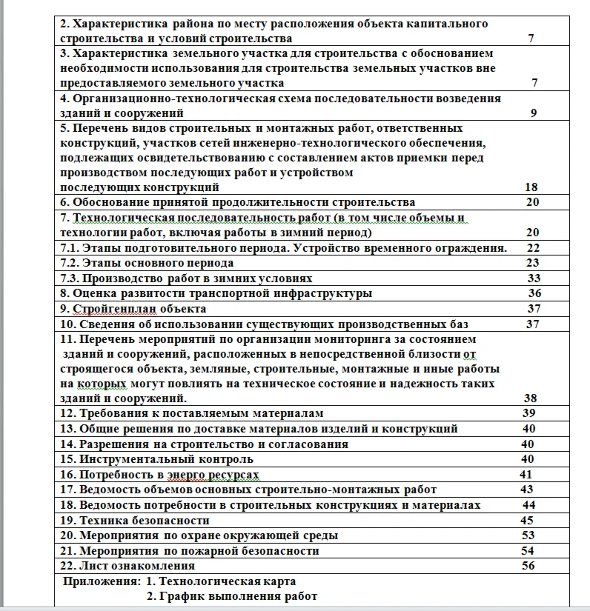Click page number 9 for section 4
(x=534, y=113)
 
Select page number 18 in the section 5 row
(x=531, y=187)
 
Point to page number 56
(x=528, y=566)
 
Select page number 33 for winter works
(x=534, y=278)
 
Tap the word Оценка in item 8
(x=96, y=293)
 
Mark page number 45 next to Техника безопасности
(x=528, y=521)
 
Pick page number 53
(x=528, y=535)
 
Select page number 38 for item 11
(x=531, y=398)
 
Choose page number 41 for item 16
(x=526, y=474)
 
